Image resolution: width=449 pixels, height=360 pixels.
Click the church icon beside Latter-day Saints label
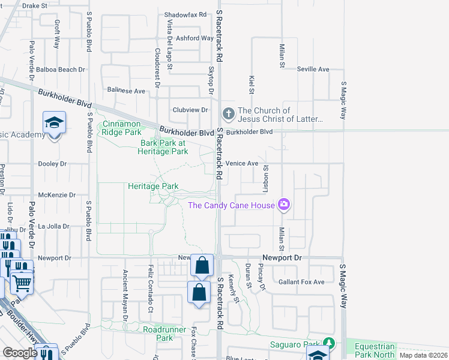coord(228,113)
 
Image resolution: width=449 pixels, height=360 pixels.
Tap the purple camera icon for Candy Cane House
coord(283,205)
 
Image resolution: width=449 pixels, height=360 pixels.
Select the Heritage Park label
coord(153,187)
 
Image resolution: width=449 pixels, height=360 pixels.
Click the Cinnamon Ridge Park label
coord(119,128)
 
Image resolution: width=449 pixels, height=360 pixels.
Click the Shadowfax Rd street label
coord(185,14)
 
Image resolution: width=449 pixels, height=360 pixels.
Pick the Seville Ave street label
coord(313,70)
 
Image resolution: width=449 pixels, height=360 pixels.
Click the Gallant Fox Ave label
coord(301,282)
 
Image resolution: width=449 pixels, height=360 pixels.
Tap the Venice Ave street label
coord(242,163)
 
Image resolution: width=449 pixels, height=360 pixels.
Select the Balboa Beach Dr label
coord(60,70)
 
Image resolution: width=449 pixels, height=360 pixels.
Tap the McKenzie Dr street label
coord(56,195)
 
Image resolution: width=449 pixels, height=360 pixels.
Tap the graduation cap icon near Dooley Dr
coord(54,124)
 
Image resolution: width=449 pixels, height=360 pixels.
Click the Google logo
coord(20,353)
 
